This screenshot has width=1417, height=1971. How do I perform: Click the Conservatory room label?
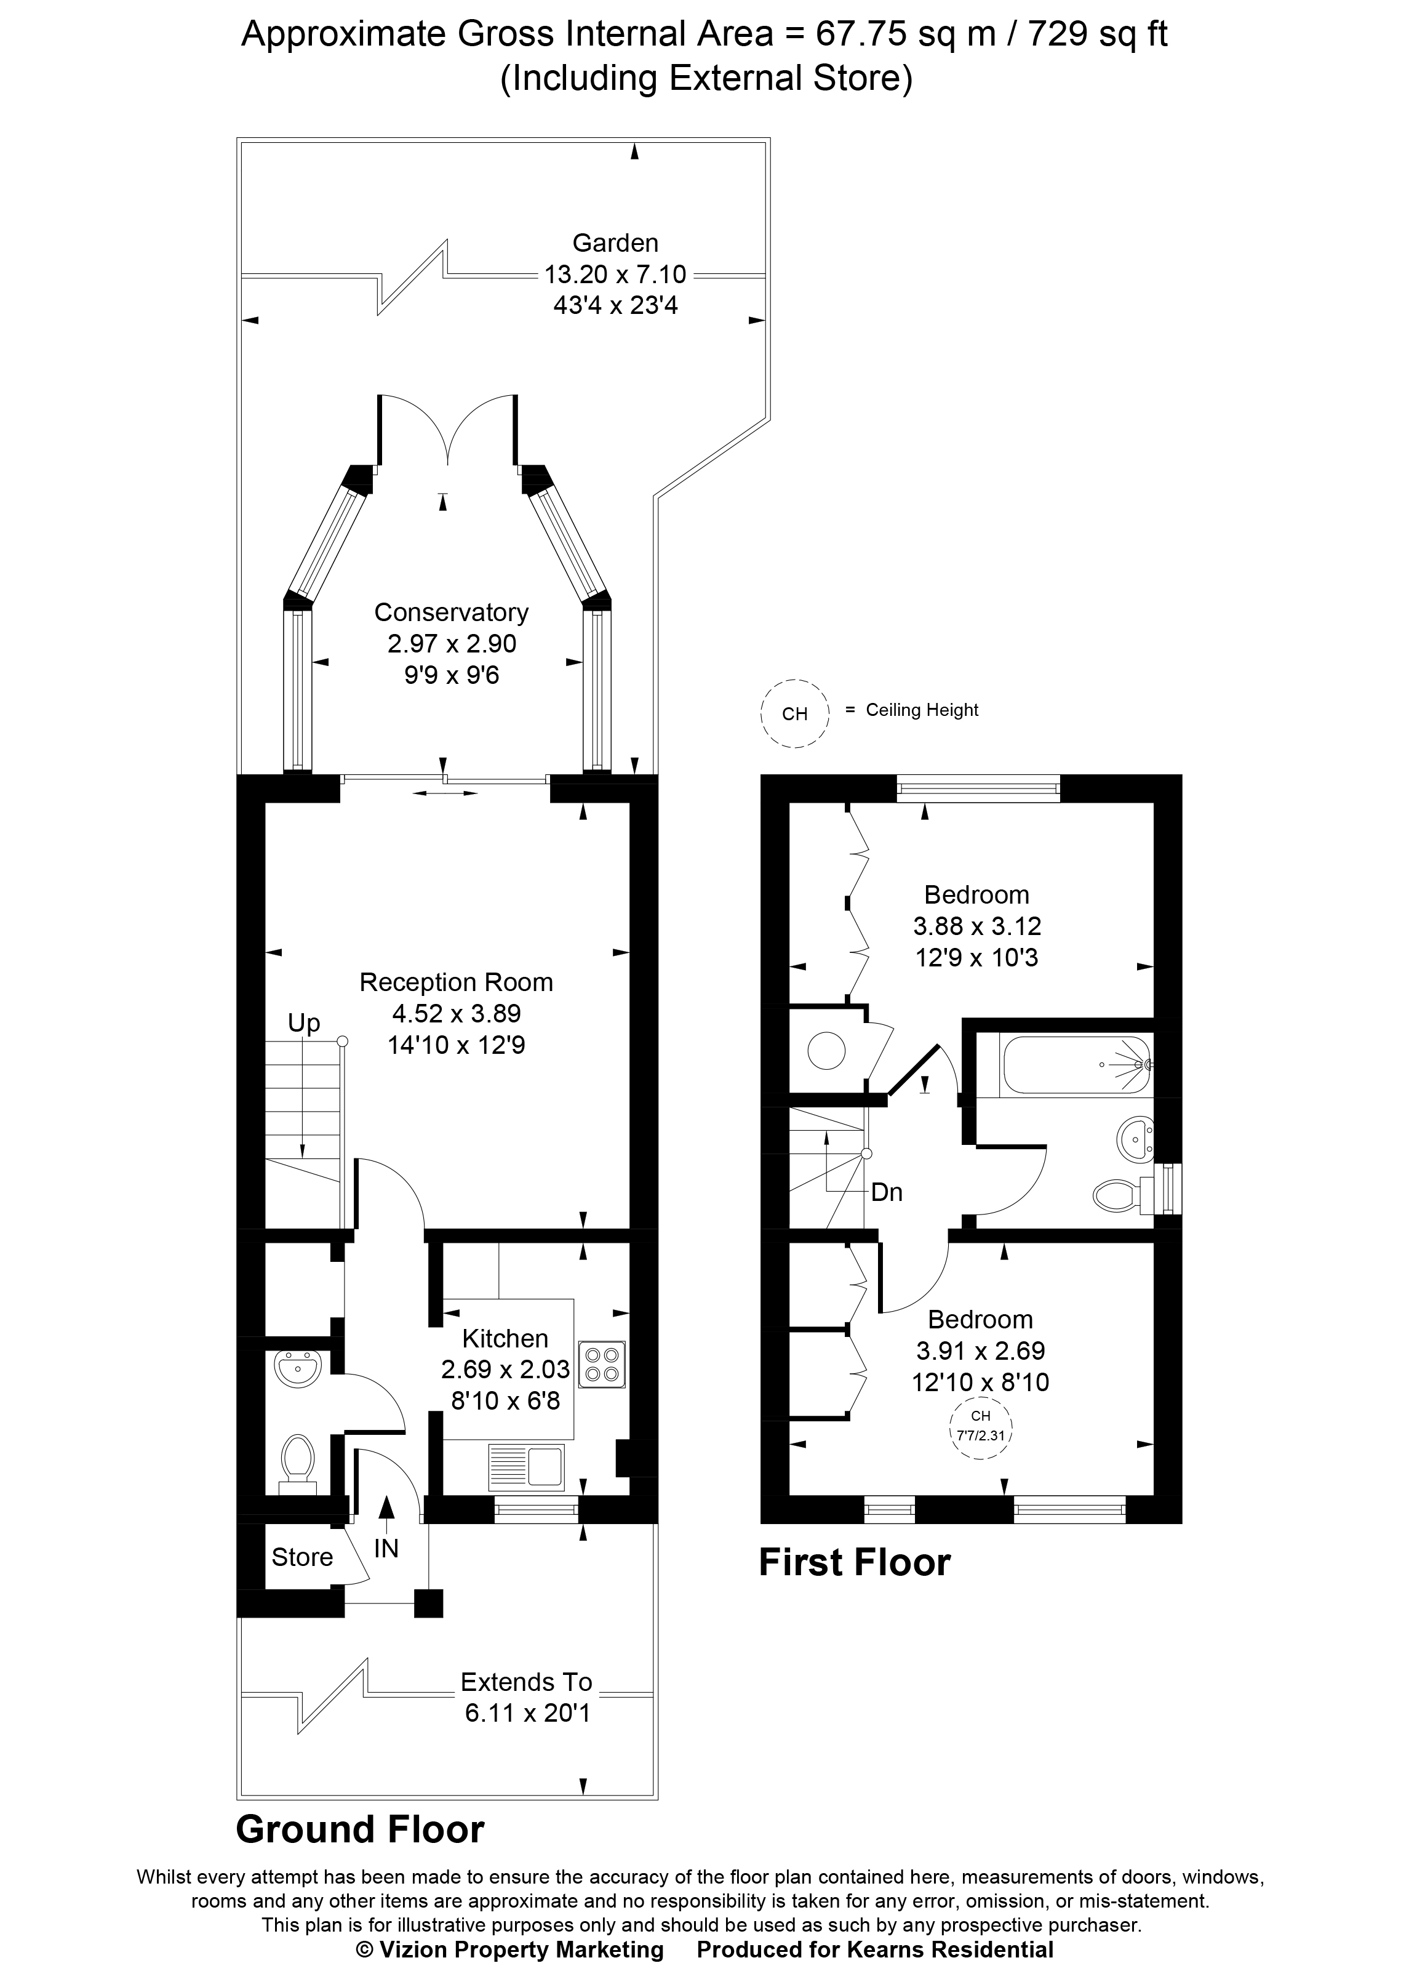point(451,612)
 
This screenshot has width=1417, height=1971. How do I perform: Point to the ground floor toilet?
point(298,1462)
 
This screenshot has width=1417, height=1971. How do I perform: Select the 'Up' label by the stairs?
point(304,1023)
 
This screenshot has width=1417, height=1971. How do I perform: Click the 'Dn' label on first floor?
point(886,1192)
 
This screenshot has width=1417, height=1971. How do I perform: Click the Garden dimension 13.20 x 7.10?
point(615,275)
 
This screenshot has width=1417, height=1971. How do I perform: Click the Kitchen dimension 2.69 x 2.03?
point(505,1370)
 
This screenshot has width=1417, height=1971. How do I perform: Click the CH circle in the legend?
point(794,713)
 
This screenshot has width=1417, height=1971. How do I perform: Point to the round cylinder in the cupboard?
point(826,1051)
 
